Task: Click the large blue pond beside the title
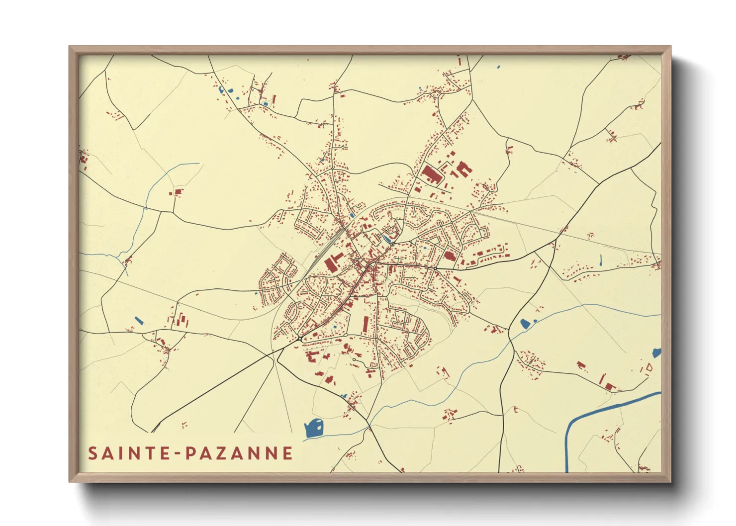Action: [x=314, y=428]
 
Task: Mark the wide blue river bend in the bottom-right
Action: [x=577, y=423]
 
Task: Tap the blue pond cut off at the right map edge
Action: [x=657, y=353]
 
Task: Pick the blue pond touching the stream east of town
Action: [x=525, y=324]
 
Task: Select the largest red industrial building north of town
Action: [x=432, y=175]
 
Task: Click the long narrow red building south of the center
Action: [x=367, y=324]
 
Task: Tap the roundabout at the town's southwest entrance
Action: [x=300, y=339]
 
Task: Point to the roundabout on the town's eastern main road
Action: [x=435, y=269]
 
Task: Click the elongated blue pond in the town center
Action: [x=387, y=239]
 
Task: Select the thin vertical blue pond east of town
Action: [x=601, y=260]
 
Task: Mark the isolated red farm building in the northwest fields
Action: [x=178, y=191]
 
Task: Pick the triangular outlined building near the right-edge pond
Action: [x=648, y=368]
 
